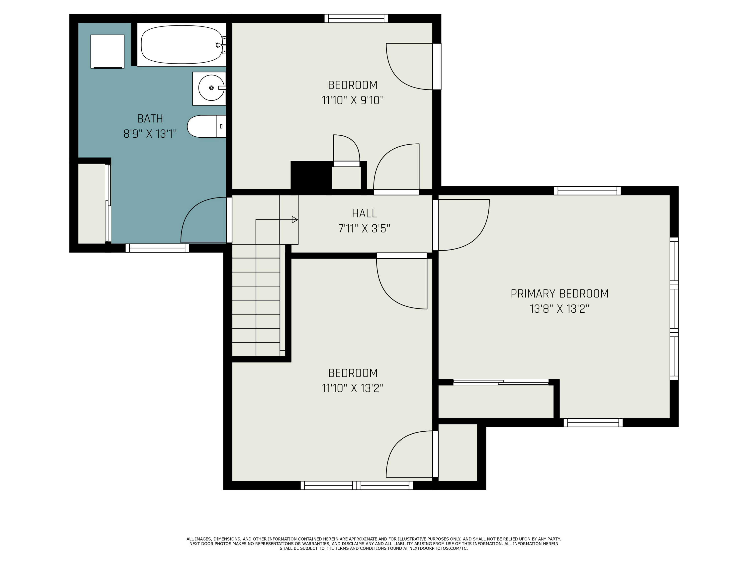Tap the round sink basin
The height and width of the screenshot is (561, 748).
(x=211, y=88)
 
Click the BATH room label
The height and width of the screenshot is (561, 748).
(x=150, y=119)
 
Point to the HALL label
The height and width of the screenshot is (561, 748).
(x=364, y=213)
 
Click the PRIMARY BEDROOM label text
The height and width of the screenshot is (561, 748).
(x=559, y=293)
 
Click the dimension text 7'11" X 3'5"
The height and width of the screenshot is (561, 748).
(x=364, y=229)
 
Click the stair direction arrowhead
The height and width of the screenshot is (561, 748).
(x=294, y=220)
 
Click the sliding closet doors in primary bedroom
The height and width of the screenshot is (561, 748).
(x=500, y=382)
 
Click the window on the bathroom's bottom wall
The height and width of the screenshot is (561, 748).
(x=157, y=248)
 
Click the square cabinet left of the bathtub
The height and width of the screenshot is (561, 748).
(x=107, y=51)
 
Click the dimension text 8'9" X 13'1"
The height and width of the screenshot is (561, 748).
(x=150, y=134)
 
